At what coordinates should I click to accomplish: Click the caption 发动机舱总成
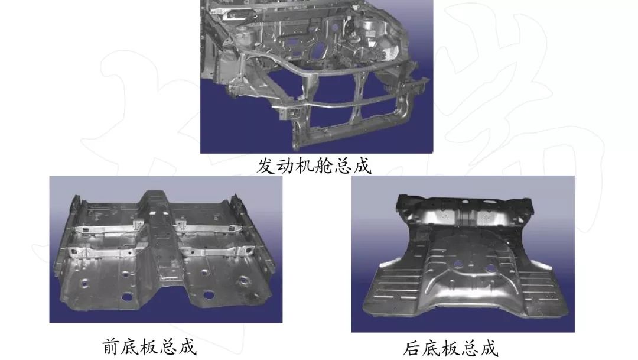314,165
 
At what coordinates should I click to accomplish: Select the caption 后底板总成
451,348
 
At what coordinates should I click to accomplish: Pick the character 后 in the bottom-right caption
412,348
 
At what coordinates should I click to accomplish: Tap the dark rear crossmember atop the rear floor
467,204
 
